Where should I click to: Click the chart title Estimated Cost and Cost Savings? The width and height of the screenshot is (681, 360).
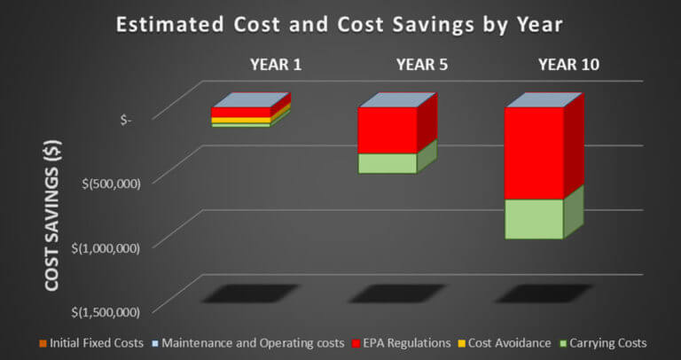click(340, 22)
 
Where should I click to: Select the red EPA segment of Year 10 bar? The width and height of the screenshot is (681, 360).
click(534, 153)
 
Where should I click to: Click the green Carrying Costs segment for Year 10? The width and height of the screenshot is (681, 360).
click(534, 219)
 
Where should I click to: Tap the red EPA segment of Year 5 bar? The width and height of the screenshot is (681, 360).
click(387, 130)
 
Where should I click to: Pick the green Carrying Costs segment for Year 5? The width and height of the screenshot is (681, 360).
click(387, 163)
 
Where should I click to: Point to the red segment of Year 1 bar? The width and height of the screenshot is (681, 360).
click(240, 112)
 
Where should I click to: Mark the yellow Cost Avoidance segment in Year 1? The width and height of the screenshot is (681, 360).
click(240, 120)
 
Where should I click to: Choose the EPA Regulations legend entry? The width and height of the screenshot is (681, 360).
click(395, 342)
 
